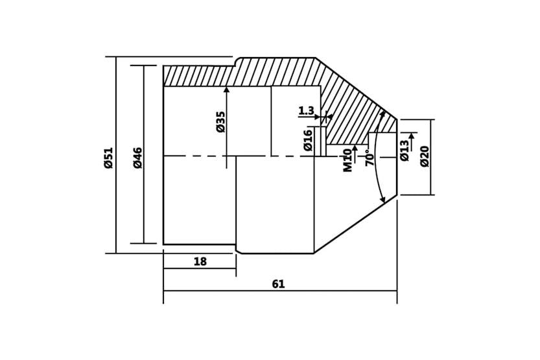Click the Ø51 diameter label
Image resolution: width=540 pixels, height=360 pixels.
[108, 158]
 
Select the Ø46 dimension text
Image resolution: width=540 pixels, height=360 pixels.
[137, 158]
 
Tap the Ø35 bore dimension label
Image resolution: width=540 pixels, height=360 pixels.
[220, 121]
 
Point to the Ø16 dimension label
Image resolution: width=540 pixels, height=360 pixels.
[308, 139]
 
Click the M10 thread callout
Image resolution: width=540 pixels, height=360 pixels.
[347, 160]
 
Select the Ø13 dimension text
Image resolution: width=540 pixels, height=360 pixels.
[405, 150]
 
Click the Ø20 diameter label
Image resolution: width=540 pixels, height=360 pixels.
[425, 156]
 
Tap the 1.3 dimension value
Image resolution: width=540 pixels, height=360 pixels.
[306, 111]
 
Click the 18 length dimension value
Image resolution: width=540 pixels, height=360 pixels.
[200, 262]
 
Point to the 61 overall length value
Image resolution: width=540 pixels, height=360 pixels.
[278, 284]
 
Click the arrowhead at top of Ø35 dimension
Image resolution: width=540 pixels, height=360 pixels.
[226, 90]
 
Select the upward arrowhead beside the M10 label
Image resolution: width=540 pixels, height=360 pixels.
[355, 149]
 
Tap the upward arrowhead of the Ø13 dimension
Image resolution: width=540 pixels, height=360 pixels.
[411, 136]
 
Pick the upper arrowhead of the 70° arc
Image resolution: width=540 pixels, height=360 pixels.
[382, 114]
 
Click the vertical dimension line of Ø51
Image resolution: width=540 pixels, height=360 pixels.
[116, 195]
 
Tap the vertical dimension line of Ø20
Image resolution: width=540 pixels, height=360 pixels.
[431, 175]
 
